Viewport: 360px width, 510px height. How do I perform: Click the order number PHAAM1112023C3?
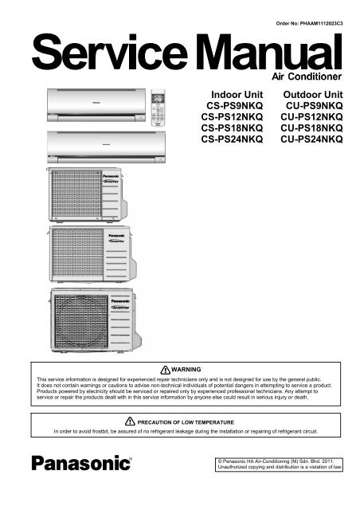tap(321, 23)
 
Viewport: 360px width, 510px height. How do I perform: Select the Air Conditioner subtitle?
tap(307, 76)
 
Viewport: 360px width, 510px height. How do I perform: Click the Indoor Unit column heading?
tap(237, 95)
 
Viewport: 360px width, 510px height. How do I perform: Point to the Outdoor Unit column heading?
tap(313, 95)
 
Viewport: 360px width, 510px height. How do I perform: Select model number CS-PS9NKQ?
tap(234, 106)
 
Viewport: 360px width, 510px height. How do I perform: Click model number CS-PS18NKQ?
tap(232, 127)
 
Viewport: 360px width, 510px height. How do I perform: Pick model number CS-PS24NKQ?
tap(232, 139)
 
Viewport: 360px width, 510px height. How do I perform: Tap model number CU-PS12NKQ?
tap(311, 117)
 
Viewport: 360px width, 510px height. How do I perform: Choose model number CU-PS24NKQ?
tap(311, 139)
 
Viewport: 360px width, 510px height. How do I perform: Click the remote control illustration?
tap(158, 108)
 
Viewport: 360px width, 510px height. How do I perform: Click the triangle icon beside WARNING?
tap(165, 370)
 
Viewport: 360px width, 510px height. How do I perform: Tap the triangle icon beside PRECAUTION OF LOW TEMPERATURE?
tap(130, 422)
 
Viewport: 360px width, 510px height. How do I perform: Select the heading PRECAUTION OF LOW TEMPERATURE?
tap(186, 422)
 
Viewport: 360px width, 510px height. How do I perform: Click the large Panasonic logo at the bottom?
tap(81, 463)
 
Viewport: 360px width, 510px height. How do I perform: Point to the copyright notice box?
tap(279, 464)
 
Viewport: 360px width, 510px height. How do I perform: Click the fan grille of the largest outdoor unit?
tap(81, 322)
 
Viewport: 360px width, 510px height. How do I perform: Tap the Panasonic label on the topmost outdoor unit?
tap(111, 176)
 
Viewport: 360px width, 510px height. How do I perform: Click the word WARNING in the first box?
tap(186, 370)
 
